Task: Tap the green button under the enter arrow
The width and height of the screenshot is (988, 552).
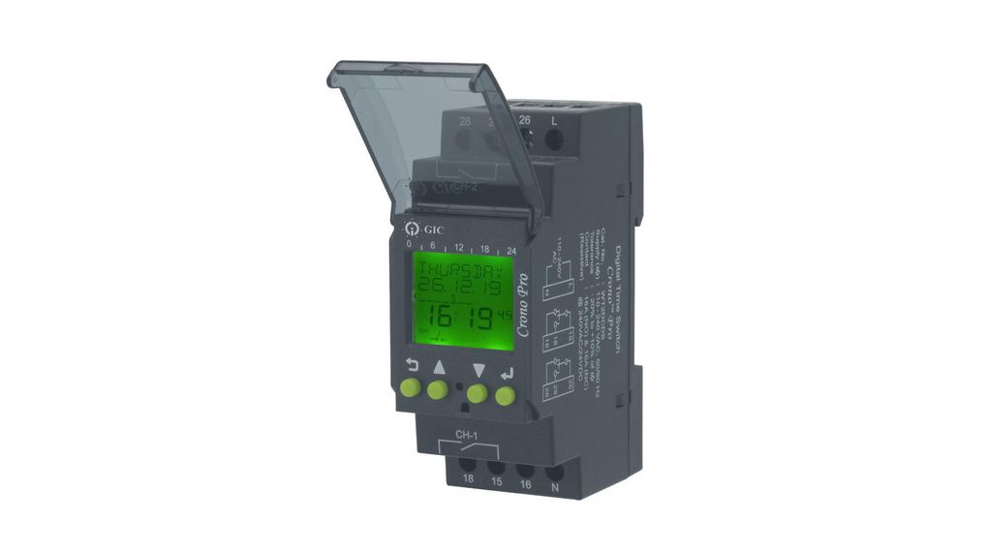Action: pyautogui.click(x=505, y=395)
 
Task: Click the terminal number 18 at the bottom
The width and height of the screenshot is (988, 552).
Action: pyautogui.click(x=467, y=478)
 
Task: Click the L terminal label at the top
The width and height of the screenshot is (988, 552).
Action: pyautogui.click(x=554, y=120)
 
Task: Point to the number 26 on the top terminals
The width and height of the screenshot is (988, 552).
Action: pyautogui.click(x=525, y=120)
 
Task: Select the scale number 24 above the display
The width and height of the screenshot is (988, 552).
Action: pyautogui.click(x=510, y=248)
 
